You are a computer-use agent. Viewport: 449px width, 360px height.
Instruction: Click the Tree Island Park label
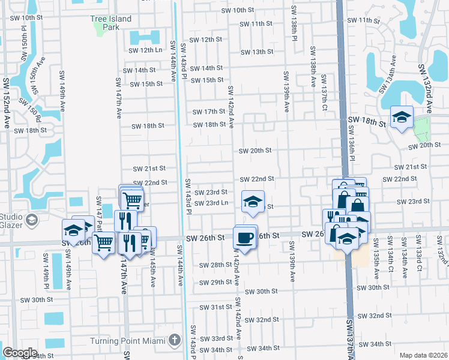110,23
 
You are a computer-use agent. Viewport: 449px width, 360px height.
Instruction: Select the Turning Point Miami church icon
174,340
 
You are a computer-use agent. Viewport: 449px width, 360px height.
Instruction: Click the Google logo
20,353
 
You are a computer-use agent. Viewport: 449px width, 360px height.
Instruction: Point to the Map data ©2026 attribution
424,355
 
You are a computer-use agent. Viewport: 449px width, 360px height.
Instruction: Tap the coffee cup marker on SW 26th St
244,238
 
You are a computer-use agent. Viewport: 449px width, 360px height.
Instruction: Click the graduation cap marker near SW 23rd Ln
253,202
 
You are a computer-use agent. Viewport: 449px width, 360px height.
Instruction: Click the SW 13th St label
257,52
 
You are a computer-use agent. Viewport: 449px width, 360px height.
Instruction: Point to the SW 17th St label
208,112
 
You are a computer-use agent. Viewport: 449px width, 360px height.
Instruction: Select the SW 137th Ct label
324,89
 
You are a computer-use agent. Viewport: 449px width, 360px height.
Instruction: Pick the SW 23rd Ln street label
209,203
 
